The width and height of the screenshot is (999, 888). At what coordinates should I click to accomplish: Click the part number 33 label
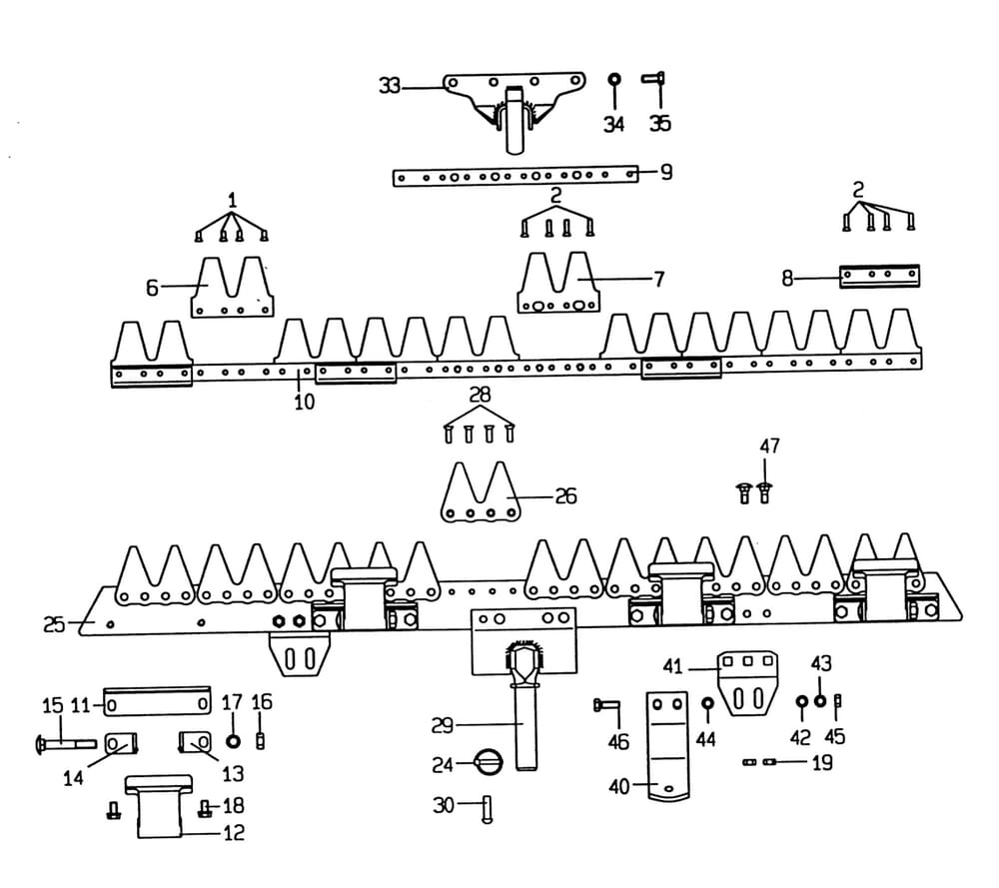point(389,87)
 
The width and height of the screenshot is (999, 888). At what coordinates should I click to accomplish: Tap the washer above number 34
point(614,78)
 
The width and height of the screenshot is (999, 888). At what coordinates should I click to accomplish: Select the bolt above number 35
point(658,80)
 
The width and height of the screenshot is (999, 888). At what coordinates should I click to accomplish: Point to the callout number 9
point(665,172)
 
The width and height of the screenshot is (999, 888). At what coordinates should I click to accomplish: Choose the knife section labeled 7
point(558,285)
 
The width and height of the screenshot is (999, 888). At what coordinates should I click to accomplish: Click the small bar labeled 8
point(879,277)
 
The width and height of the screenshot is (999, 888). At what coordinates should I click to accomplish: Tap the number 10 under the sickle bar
point(304,402)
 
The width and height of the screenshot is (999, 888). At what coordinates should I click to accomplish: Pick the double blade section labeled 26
point(481,494)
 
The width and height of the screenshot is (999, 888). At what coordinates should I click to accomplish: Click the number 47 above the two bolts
point(769,445)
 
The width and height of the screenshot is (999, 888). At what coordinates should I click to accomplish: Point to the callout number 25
point(54,625)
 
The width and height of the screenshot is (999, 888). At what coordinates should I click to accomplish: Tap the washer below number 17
point(233,742)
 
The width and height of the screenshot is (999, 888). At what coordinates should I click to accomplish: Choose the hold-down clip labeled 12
point(161,805)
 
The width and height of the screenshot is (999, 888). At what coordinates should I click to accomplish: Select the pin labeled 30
point(487,805)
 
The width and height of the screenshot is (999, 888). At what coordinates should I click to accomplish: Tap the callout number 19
point(822,764)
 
